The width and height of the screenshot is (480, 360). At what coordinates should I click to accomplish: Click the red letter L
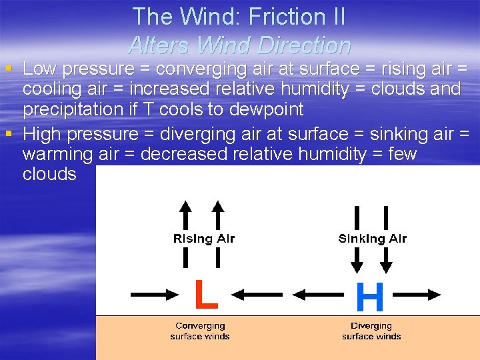tap(205, 295)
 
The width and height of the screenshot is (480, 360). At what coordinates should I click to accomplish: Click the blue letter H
tap(370, 297)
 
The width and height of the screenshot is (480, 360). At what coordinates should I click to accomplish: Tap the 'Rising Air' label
tap(203, 239)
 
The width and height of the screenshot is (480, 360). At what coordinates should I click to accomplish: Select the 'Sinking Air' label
tap(372, 239)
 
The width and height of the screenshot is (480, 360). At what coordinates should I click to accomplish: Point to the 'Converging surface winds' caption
tap(200, 331)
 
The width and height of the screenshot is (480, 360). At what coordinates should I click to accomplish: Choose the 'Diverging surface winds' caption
tap(371, 331)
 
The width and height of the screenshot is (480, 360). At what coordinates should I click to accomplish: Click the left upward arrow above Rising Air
tap(186, 213)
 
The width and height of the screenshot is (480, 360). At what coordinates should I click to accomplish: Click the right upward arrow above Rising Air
tap(217, 213)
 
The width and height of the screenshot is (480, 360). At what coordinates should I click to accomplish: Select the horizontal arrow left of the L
tap(154, 294)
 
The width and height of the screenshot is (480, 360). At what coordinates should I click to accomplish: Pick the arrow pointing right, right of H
tap(416, 294)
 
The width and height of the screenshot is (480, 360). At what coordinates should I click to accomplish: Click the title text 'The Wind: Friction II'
tap(239, 17)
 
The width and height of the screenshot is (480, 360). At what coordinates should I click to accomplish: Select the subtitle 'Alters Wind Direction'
tap(239, 45)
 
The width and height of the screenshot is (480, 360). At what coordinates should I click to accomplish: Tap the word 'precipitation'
tap(81, 109)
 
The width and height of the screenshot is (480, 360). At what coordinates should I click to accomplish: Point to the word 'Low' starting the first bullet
tap(40, 69)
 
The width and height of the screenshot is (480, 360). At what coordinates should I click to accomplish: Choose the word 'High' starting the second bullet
tap(42, 134)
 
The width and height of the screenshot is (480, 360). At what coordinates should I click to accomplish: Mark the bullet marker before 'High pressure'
tap(8, 134)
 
